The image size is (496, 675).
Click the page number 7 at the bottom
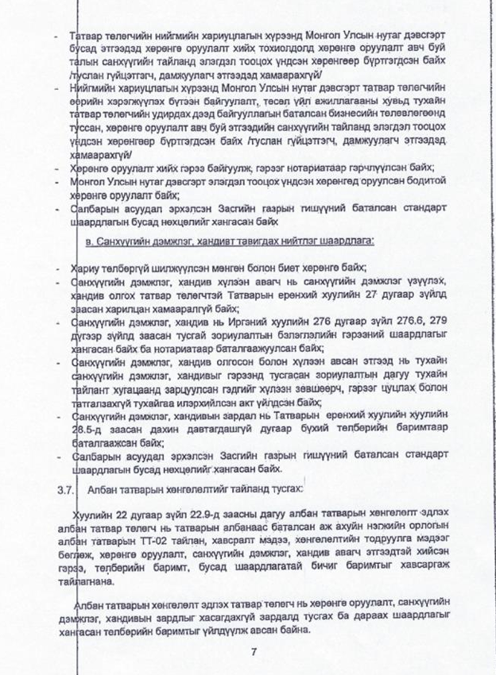click(252, 653)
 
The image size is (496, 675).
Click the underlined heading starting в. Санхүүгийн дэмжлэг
click(230, 239)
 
